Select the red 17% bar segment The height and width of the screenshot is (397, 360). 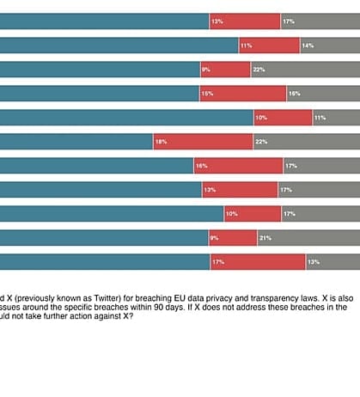click(x=258, y=261)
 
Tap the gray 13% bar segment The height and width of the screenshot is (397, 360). click(x=333, y=261)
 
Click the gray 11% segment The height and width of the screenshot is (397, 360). click(x=336, y=117)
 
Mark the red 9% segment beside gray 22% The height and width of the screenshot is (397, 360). click(x=225, y=69)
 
